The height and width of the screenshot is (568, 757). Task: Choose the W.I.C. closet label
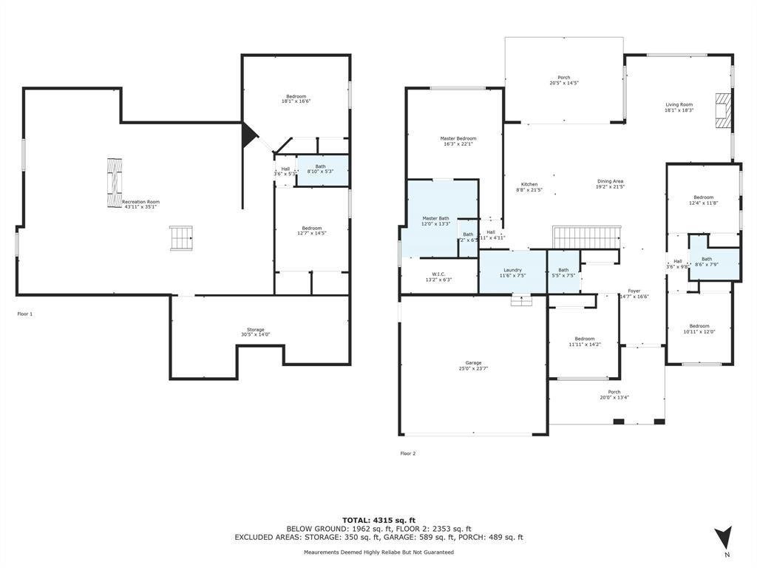click(438, 277)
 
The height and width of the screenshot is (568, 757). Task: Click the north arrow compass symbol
click(724, 538)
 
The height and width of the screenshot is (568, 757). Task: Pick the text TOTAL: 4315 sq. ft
click(378, 520)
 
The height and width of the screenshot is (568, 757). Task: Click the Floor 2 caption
click(408, 453)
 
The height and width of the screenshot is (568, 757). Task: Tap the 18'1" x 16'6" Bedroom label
click(296, 98)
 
